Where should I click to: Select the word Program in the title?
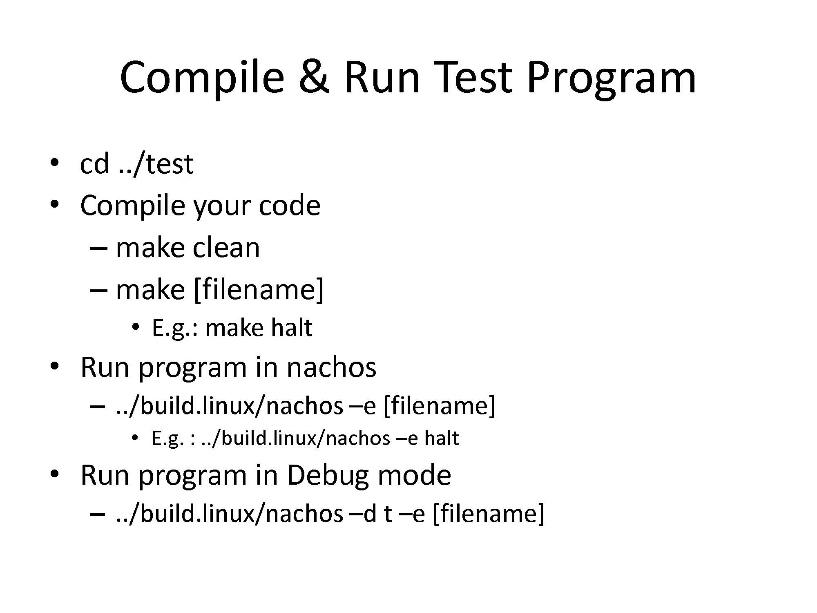pos(611,80)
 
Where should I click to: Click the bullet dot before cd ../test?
pos(54,162)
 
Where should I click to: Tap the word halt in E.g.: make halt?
pos(291,328)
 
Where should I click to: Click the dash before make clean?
pos(98,248)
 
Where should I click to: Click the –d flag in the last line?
pos(363,513)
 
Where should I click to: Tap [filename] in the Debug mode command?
pos(488,514)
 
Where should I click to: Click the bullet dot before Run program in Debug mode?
pos(54,474)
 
